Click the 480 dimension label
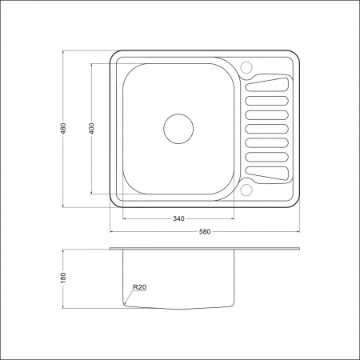[x=63, y=128]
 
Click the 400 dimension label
[x=91, y=128]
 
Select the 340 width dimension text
[x=178, y=218]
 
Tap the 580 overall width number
[x=205, y=232]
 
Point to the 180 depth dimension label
[x=63, y=278]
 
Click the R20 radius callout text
[x=139, y=287]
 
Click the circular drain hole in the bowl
[x=178, y=129]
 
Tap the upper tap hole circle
[x=246, y=67]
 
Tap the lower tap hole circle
[x=246, y=190]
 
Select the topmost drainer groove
[x=267, y=85]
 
